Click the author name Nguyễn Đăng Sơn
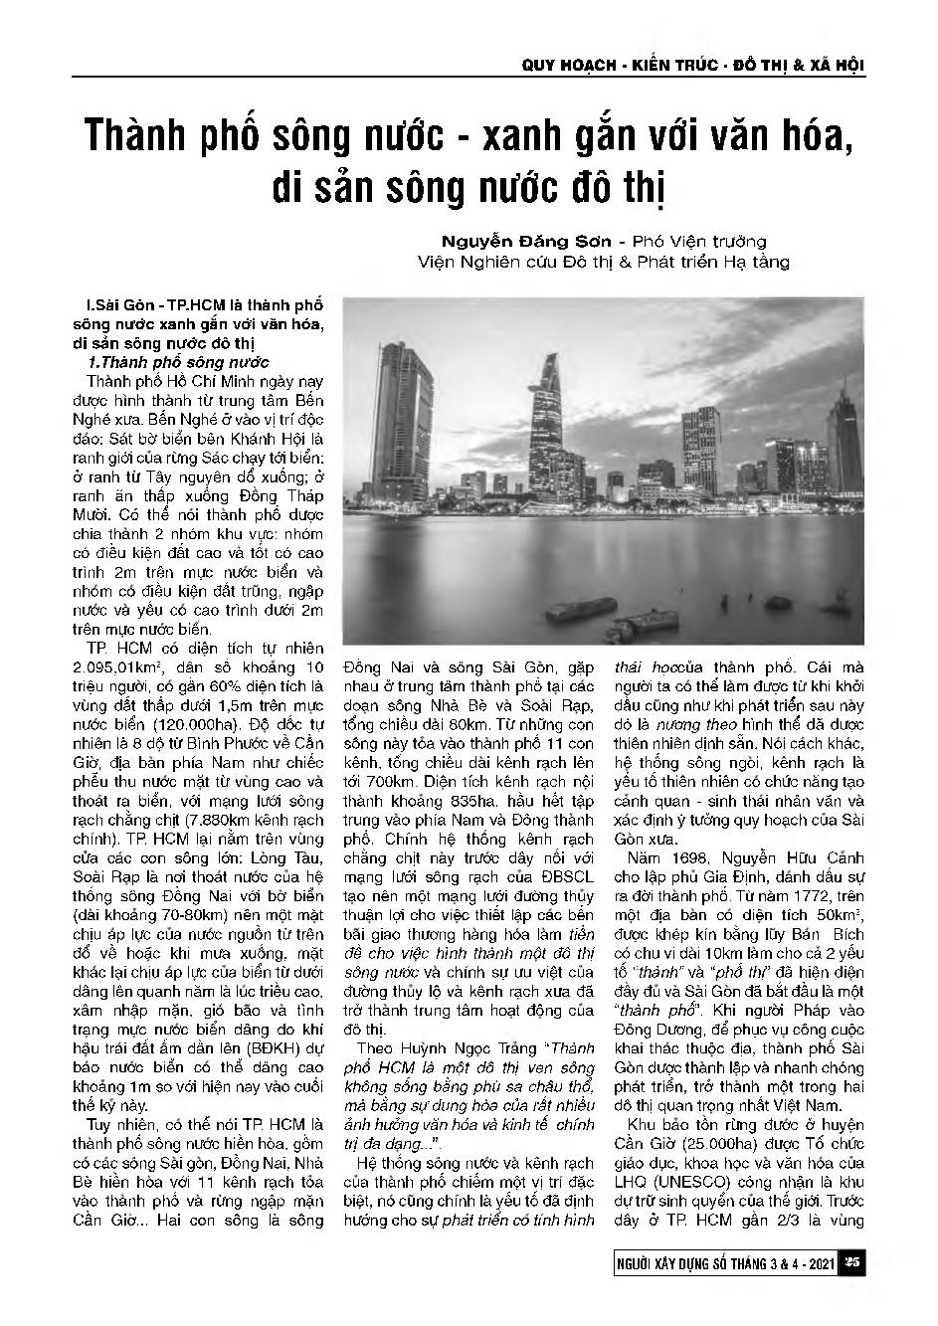517,241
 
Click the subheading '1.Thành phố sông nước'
177,362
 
